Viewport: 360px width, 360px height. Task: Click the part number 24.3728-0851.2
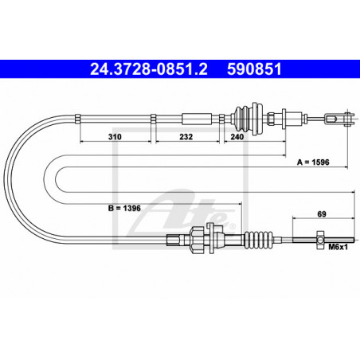point(149,69)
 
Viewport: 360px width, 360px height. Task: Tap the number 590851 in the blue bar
point(254,69)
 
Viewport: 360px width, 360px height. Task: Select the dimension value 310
point(115,137)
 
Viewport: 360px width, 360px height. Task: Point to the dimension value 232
point(186,137)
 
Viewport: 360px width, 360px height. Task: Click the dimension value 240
point(237,137)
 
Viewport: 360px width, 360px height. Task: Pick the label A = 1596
point(313,162)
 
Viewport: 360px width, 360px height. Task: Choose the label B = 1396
point(124,208)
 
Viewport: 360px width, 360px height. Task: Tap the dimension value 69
point(322,213)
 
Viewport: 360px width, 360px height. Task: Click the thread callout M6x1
point(338,247)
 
